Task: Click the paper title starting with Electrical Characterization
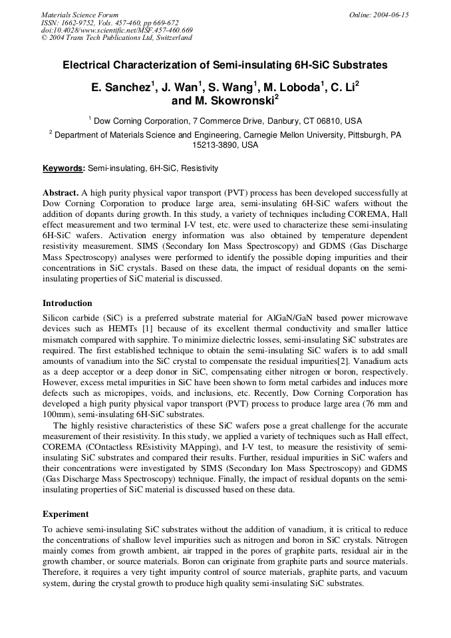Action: pyautogui.click(x=225, y=66)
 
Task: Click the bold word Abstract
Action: pyautogui.click(x=61, y=193)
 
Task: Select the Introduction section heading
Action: pyautogui.click(x=67, y=303)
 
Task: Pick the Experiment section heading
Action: pyautogui.click(x=65, y=514)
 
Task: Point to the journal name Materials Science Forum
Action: pyautogui.click(x=80, y=15)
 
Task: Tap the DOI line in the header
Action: pyautogui.click(x=117, y=30)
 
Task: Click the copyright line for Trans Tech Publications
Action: pyautogui.click(x=116, y=38)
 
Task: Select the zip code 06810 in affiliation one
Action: pyautogui.click(x=322, y=121)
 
